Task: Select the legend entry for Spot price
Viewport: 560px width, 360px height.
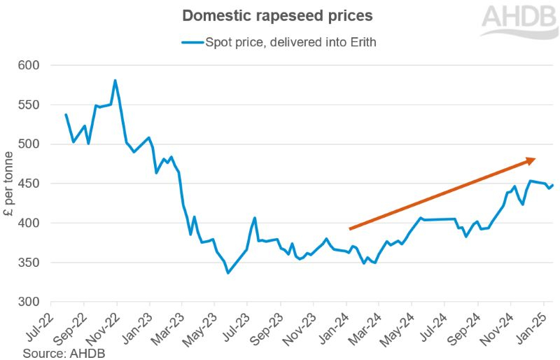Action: tap(280, 43)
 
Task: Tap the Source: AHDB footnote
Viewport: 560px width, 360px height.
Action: tap(64, 352)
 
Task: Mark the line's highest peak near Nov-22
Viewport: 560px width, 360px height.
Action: tap(115, 81)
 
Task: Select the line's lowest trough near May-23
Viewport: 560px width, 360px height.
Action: tap(228, 272)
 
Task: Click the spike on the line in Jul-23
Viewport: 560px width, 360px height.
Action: tap(255, 219)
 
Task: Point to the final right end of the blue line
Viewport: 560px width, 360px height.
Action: tap(552, 186)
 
